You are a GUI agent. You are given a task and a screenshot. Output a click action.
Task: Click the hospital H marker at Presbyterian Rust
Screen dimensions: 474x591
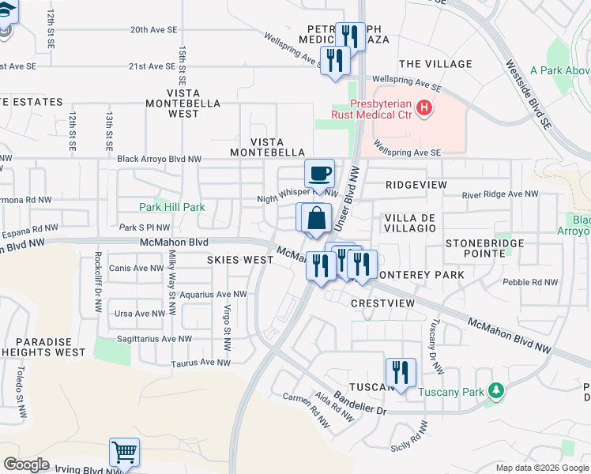pos(426,107)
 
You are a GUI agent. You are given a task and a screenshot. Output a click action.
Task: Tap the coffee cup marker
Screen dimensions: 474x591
pos(319,173)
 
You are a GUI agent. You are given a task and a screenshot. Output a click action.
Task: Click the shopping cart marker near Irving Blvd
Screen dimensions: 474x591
pos(125,453)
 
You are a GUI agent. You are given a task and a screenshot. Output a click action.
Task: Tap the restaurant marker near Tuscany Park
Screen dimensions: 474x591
pos(401,372)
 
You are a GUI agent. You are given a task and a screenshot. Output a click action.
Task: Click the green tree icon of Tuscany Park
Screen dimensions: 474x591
pos(496,390)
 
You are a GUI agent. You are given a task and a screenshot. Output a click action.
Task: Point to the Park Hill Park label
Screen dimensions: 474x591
pos(172,207)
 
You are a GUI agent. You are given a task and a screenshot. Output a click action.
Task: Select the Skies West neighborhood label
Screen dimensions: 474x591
pos(240,259)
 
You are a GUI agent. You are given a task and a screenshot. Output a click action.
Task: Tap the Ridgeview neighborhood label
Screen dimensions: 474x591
pos(411,184)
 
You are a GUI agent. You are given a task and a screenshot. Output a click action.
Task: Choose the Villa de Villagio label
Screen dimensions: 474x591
pos(409,222)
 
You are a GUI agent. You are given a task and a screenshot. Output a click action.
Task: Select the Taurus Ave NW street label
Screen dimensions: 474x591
pos(201,363)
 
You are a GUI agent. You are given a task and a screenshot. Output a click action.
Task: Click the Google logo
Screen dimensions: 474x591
pos(26,465)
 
